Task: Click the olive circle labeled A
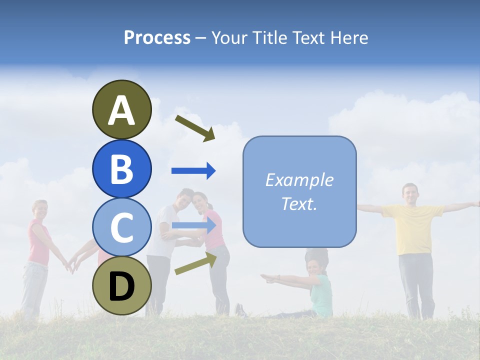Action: [121, 109]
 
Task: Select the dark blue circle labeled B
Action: [121, 168]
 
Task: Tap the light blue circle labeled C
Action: [121, 227]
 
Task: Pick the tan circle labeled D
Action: [121, 285]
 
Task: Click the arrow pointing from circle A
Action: [195, 128]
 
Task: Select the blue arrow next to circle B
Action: [193, 171]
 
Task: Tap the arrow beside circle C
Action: [194, 225]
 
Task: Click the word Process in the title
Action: [157, 37]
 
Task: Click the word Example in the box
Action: [299, 180]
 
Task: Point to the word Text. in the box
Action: [299, 203]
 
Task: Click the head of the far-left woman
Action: [39, 209]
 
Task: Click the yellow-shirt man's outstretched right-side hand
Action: [473, 204]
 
